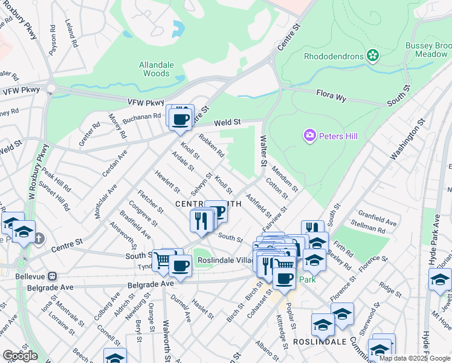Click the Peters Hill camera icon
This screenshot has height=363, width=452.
tap(311, 136)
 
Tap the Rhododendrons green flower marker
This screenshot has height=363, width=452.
tap(373, 56)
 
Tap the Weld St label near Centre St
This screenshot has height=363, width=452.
tap(227, 122)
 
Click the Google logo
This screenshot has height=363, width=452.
tap(20, 355)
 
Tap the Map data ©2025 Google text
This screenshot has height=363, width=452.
tap(415, 358)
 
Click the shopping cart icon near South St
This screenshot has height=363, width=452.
tap(161, 260)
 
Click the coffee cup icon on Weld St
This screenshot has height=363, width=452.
tap(179, 119)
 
